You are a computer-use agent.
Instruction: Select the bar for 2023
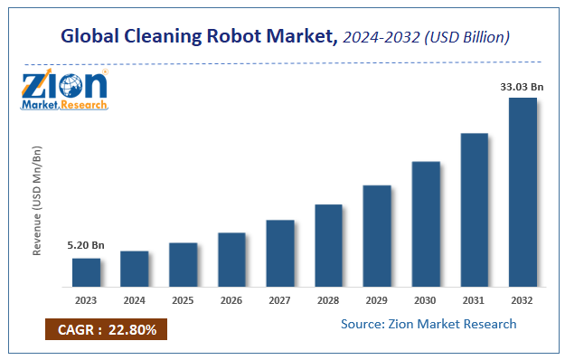[x=87, y=270]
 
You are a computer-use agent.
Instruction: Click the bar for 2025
[x=184, y=263]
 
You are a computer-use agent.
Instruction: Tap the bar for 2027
[x=280, y=251]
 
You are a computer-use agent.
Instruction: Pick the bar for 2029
[x=377, y=234]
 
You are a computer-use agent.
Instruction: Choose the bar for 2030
[x=426, y=223]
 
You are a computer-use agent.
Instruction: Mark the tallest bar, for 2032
[x=523, y=191]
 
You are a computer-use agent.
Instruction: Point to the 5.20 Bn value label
[x=86, y=246]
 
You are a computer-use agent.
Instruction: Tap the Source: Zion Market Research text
[x=428, y=324]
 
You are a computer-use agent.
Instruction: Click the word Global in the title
[x=94, y=37]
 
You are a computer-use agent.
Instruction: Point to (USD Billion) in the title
[x=462, y=38]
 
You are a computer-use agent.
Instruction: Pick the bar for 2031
[x=474, y=208]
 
